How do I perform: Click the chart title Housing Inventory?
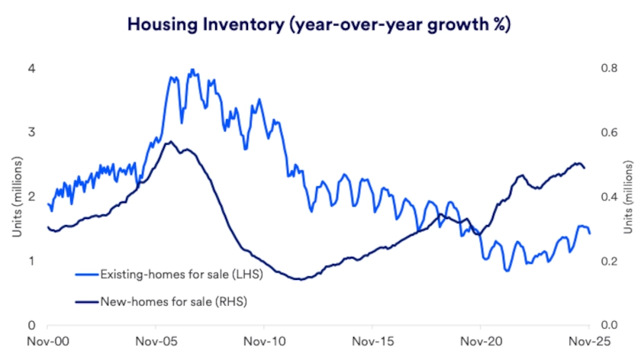tap(319, 24)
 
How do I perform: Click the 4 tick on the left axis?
tap(31, 68)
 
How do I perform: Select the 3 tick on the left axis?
tap(31, 132)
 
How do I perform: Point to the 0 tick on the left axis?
tap(31, 325)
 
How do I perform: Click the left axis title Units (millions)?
tap(15, 196)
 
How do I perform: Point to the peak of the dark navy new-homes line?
tap(169, 142)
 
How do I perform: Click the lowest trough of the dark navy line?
tap(301, 279)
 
